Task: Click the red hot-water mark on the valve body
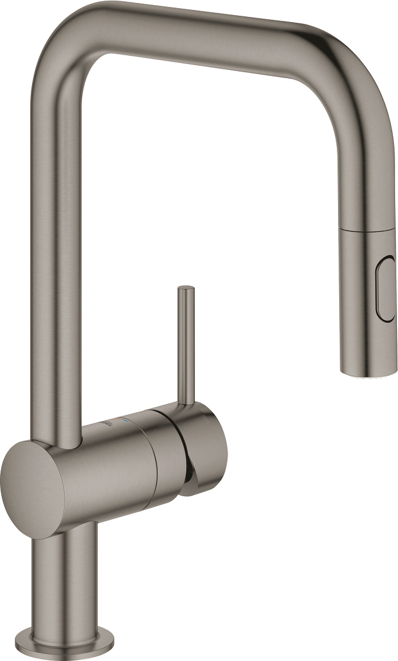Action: pos(120,419)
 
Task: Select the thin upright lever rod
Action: pos(186,344)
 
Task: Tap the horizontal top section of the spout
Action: pos(204,32)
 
